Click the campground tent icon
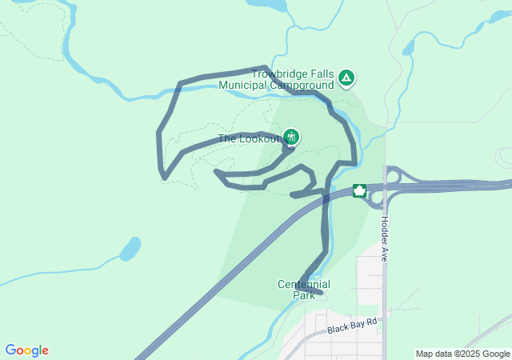click(346, 78)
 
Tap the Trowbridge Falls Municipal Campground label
click(292, 79)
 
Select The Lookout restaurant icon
click(291, 137)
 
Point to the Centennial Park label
click(303, 290)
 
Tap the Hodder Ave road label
click(384, 238)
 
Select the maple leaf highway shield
click(360, 191)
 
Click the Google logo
click(26, 350)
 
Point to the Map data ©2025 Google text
click(463, 354)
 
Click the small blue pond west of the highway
click(130, 249)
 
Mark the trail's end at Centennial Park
click(321, 294)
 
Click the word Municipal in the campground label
click(243, 85)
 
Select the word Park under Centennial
click(304, 295)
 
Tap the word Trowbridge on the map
click(281, 74)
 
